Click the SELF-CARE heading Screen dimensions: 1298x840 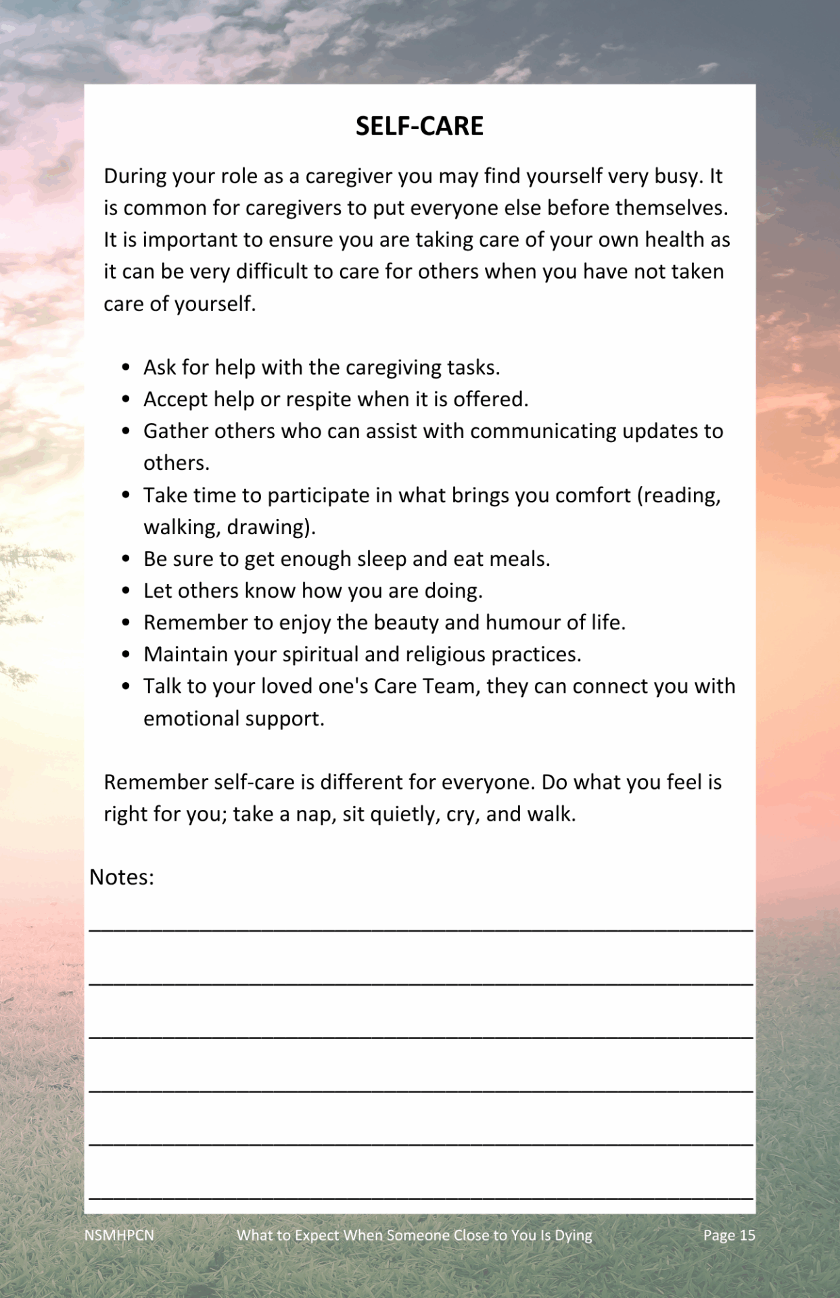[419, 126]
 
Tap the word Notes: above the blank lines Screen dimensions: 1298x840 [122, 877]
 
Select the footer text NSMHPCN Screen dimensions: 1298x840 [119, 1235]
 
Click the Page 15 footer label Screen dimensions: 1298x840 [728, 1235]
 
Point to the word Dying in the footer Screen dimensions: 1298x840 [573, 1235]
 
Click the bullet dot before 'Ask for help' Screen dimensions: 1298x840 [126, 367]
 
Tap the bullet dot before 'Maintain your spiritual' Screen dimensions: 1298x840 [126, 654]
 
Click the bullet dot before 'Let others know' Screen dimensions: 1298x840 [126, 590]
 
